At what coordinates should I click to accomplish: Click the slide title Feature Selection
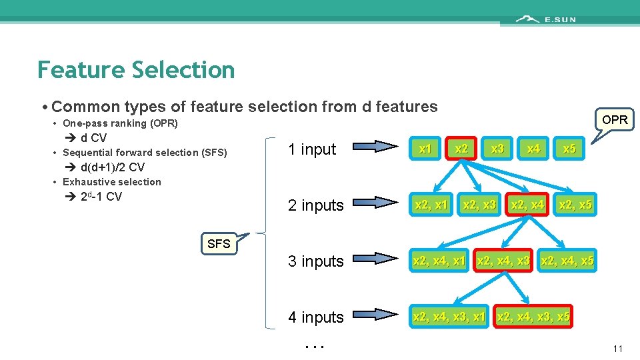[x=136, y=70]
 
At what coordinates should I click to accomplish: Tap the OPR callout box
[x=614, y=120]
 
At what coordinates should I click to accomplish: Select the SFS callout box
[x=218, y=244]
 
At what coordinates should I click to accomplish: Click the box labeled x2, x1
[x=431, y=205]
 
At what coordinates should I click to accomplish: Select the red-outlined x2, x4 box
[x=527, y=205]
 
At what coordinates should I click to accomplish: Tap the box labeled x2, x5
[x=575, y=205]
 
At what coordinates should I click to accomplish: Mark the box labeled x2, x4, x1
[x=439, y=261]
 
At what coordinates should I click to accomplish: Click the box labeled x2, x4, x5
[x=567, y=261]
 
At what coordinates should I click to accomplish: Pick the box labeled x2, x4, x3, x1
[x=449, y=317]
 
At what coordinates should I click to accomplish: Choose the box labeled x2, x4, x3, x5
[x=533, y=317]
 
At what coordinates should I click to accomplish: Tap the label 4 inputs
[x=316, y=317]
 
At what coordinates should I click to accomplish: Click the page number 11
[x=617, y=349]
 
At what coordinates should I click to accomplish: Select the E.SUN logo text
[x=559, y=19]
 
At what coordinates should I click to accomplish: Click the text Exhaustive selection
[x=111, y=182]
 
